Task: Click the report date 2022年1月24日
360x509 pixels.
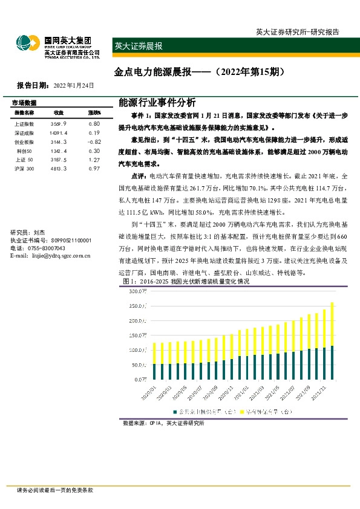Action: [74, 85]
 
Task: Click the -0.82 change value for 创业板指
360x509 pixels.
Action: [93, 141]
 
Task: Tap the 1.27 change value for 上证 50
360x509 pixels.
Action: [93, 160]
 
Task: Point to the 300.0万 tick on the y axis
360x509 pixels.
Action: [139, 291]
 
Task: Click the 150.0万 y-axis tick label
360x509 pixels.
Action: [139, 336]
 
